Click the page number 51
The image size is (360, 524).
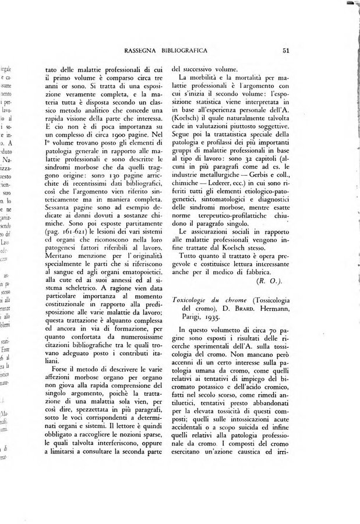286,50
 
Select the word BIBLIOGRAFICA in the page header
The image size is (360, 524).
190,50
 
